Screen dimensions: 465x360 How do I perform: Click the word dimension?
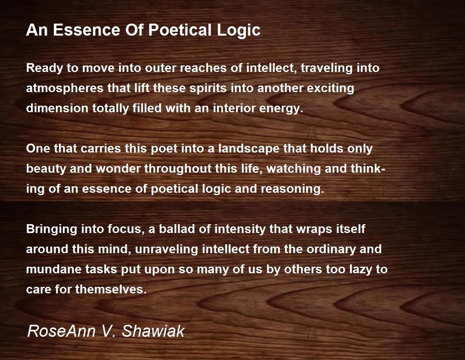57,108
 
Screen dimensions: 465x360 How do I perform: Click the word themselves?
111,290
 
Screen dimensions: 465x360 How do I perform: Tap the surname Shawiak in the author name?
153,331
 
